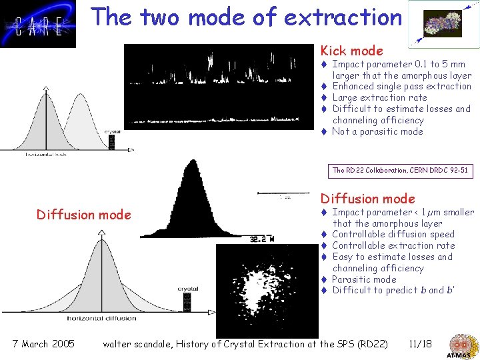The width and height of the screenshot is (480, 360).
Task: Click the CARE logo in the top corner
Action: (x=38, y=25)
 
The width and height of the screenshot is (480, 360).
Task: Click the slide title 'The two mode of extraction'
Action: (x=247, y=17)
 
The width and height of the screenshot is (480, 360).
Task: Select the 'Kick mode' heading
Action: (x=351, y=51)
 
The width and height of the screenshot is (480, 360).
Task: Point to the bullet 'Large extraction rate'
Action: (x=379, y=97)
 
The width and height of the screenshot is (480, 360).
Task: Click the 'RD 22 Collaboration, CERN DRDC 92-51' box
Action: (x=400, y=171)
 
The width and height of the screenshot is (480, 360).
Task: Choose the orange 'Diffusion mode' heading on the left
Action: (x=84, y=215)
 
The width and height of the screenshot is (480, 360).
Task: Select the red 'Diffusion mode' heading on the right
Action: (x=367, y=199)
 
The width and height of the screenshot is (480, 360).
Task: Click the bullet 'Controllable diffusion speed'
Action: (x=393, y=234)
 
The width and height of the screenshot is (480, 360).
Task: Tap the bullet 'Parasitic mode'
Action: (x=363, y=279)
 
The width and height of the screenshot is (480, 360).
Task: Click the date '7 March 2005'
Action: (x=43, y=344)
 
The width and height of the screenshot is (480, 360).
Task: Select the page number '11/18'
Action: (x=420, y=344)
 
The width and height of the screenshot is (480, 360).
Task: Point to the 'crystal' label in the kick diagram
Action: (x=111, y=131)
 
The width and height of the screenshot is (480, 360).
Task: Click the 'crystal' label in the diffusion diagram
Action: (x=187, y=289)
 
